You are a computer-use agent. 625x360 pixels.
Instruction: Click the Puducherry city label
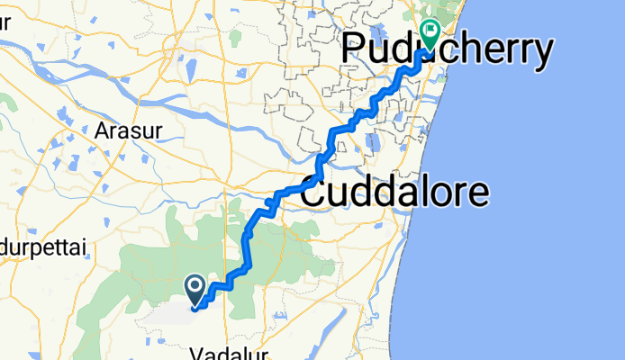pos(446,52)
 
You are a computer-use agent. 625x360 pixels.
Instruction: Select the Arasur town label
pos(128,131)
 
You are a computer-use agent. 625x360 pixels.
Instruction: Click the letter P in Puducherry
pos(354,52)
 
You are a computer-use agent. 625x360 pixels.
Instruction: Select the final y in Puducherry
pos(539,56)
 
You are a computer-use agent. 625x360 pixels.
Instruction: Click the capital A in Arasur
pos(101,131)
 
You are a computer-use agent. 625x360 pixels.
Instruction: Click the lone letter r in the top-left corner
pos(4,22)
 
